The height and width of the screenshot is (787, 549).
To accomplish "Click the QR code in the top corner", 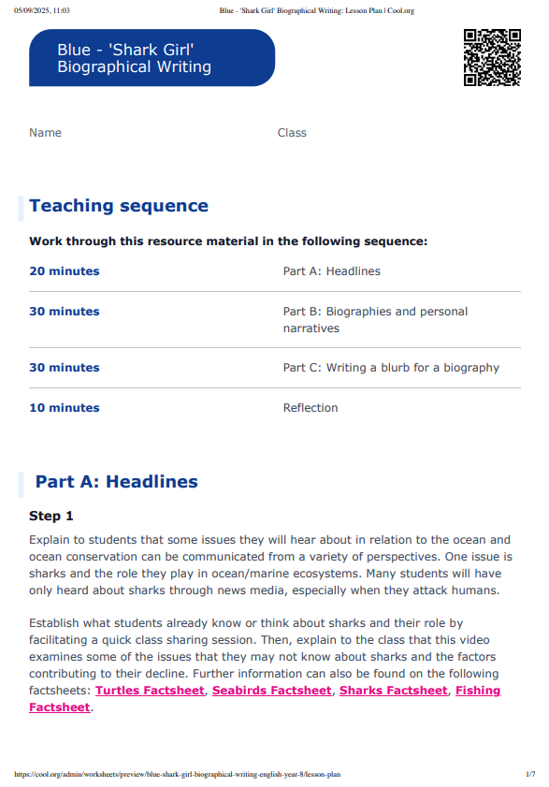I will click(x=492, y=58).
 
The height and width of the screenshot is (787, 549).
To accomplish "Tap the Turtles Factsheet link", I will click(x=150, y=691).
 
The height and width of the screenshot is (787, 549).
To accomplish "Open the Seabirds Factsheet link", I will click(x=272, y=691).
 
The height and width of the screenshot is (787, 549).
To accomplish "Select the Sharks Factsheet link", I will click(x=393, y=691).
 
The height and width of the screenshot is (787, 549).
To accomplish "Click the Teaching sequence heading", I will click(x=119, y=206).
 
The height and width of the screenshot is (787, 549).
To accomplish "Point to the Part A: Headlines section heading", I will click(x=116, y=482).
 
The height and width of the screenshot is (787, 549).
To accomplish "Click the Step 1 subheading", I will click(x=51, y=516).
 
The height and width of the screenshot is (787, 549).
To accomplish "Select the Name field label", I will click(x=45, y=133).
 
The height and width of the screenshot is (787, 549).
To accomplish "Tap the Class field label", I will click(x=292, y=133).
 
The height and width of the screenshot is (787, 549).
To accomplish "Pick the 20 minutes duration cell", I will click(x=65, y=271).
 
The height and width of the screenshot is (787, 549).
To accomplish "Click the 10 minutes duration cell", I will click(x=65, y=408).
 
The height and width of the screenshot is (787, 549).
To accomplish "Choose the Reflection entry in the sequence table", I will click(x=311, y=408).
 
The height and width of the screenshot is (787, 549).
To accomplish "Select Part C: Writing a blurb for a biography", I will click(x=391, y=368).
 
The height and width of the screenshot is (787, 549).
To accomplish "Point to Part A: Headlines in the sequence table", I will click(x=332, y=271).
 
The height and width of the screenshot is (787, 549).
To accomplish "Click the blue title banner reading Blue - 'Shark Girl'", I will click(x=152, y=58).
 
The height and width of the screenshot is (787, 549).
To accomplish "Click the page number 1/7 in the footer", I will click(x=530, y=775).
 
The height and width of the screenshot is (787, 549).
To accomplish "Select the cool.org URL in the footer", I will click(x=178, y=775).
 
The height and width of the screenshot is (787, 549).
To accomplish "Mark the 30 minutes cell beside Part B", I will click(x=65, y=312).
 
